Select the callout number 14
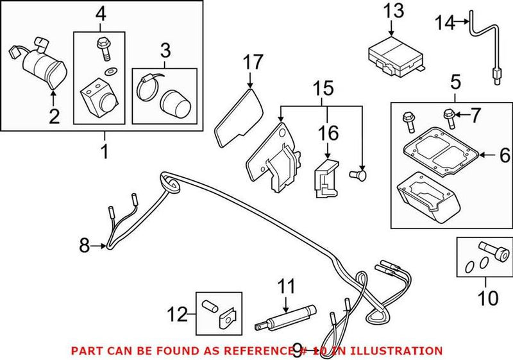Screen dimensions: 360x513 click(444, 24)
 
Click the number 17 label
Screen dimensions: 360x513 click(253, 62)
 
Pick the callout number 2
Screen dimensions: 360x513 click(53, 116)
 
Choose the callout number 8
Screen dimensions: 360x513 click(83, 244)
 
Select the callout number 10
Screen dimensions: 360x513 click(488, 298)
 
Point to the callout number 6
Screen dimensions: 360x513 click(503, 155)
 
